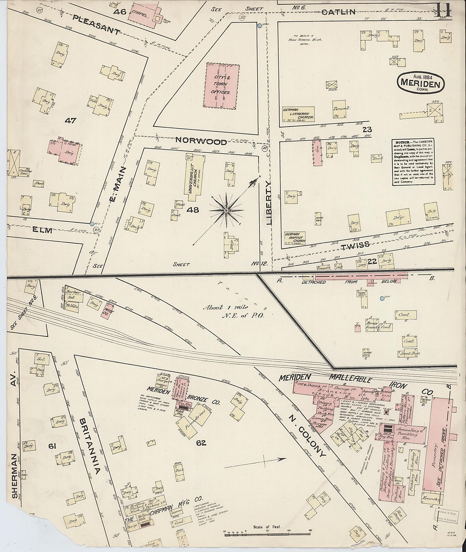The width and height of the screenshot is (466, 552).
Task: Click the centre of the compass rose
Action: pyautogui.click(x=226, y=210)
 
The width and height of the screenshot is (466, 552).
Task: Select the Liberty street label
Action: pyautogui.click(x=269, y=203)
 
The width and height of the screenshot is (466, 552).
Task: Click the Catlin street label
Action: pyautogui.click(x=338, y=12)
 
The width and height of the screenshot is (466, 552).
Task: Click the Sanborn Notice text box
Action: pyautogui.click(x=413, y=162)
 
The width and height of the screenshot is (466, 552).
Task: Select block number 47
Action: pyautogui.click(x=70, y=121)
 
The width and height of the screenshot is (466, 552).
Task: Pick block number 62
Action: pyautogui.click(x=201, y=443)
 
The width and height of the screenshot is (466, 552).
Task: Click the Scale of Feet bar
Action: pyautogui.click(x=267, y=533)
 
